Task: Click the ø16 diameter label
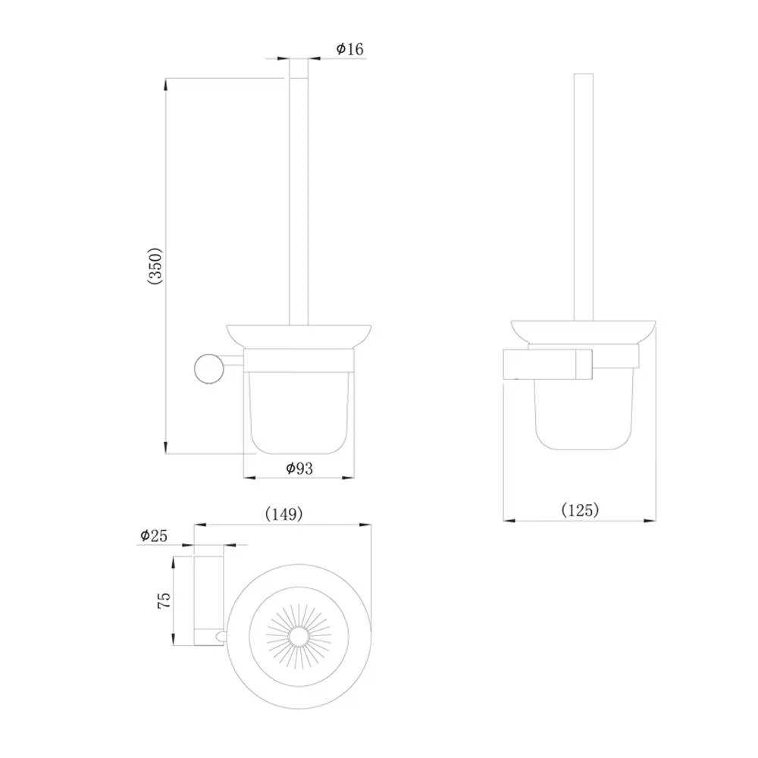point(349,49)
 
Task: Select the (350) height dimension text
point(155,266)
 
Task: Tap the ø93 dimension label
point(299,468)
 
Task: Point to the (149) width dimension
point(284,514)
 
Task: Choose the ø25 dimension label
point(154,535)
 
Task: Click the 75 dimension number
point(164,600)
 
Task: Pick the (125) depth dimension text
point(580,510)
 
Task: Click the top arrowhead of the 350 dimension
point(166,83)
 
